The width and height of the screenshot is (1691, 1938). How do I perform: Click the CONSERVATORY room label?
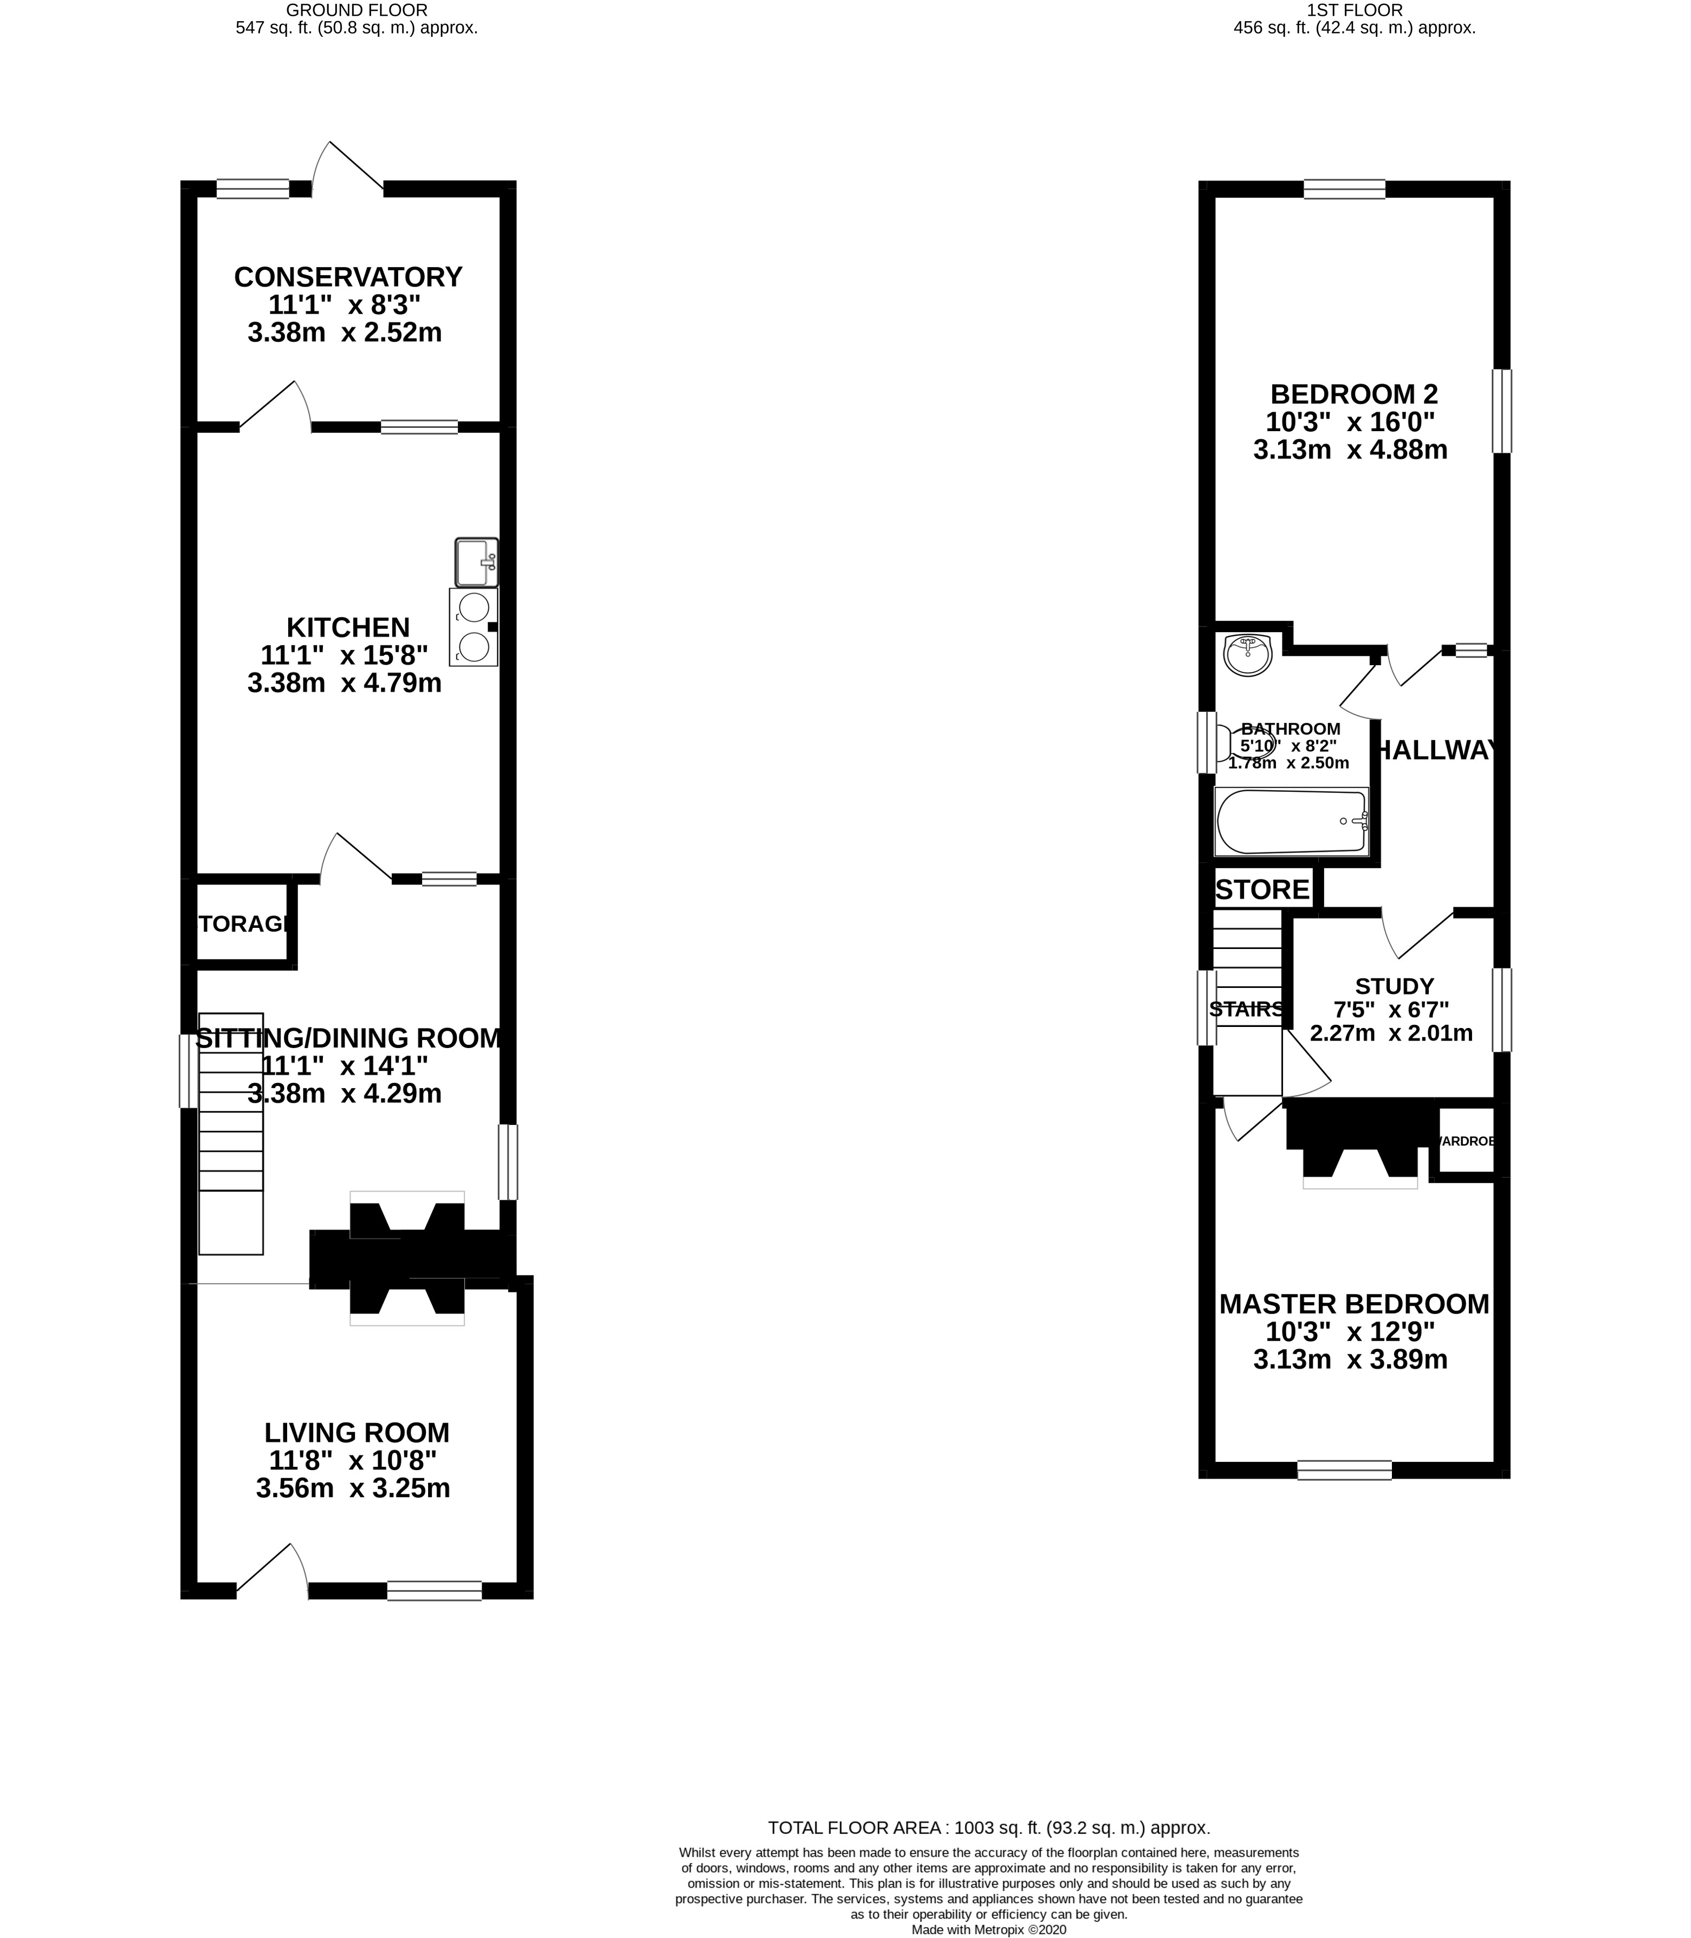click(348, 277)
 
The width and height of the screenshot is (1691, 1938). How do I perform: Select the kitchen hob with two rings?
click(474, 627)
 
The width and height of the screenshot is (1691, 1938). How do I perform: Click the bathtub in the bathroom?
click(1291, 821)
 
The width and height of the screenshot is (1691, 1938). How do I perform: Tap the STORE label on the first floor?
click(1262, 890)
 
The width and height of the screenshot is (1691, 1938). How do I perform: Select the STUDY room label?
click(1394, 986)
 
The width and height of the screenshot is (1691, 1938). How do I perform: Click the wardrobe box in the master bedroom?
click(1466, 1142)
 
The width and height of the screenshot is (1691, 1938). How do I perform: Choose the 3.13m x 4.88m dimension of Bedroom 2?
click(1350, 450)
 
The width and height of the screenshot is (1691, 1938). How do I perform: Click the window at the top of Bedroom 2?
click(1345, 190)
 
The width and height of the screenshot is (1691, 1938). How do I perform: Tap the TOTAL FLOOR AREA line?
click(989, 1853)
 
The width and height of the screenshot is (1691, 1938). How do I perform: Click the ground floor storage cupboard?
click(242, 924)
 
